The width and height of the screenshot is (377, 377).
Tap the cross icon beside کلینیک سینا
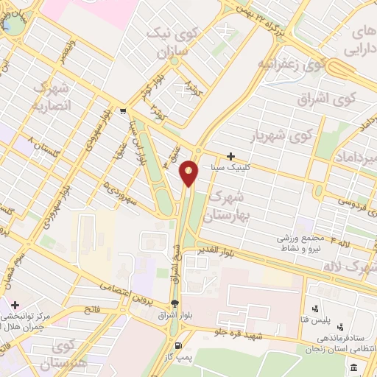[231, 156]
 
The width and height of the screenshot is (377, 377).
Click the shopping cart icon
[122, 113]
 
